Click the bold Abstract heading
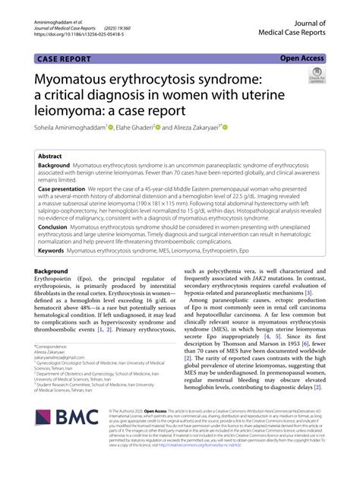[54, 154]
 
